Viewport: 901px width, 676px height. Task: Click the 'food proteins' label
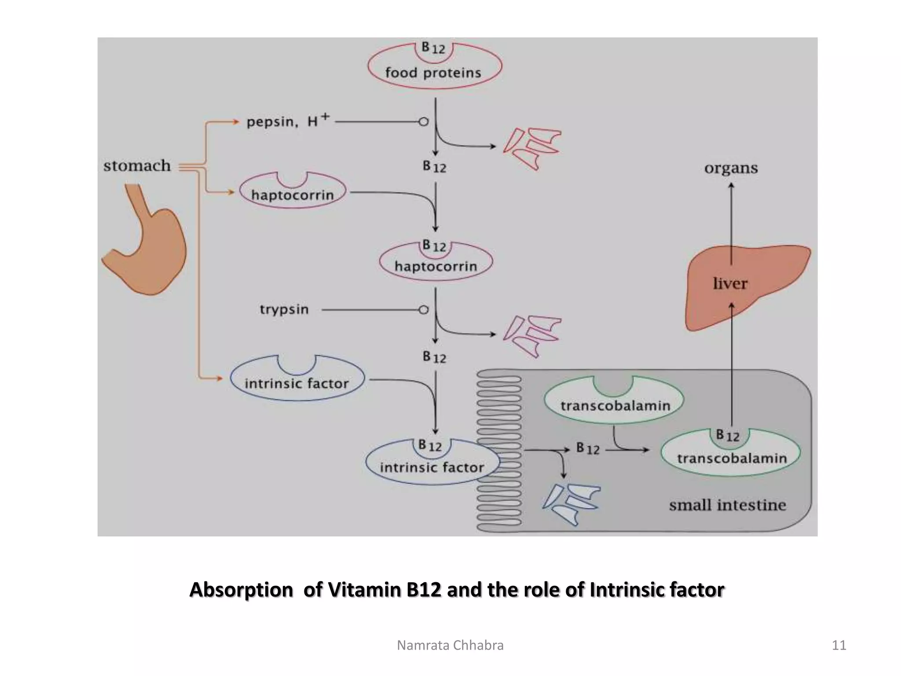point(433,73)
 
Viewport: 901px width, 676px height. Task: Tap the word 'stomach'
point(137,166)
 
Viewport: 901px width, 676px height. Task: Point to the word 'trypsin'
point(284,309)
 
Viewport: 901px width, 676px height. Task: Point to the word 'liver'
point(730,283)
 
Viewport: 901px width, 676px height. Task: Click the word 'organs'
point(731,168)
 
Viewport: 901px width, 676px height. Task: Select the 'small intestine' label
point(727,505)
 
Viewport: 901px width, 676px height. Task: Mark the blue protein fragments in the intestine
point(571,504)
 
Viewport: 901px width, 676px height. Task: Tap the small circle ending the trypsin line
point(424,310)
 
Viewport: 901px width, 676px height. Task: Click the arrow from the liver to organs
point(731,220)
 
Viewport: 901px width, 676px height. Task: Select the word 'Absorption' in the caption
point(241,590)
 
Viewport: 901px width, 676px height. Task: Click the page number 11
point(839,645)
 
